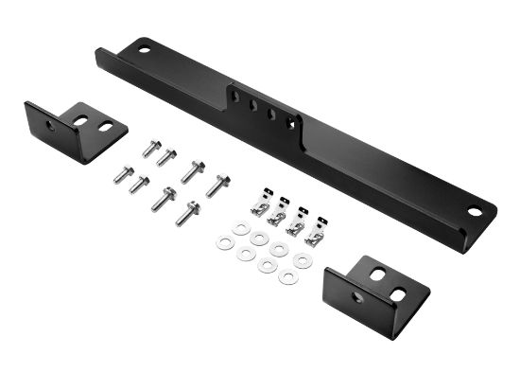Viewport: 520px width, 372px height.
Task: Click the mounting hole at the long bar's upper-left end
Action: pyautogui.click(x=143, y=44)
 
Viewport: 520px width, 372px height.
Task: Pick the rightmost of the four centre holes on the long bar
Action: pyautogui.click(x=288, y=119)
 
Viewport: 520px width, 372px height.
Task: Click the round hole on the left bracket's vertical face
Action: pyautogui.click(x=49, y=125)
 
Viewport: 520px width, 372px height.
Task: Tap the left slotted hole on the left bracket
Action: pyautogui.click(x=81, y=120)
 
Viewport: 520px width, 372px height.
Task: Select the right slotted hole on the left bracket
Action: pyautogui.click(x=105, y=127)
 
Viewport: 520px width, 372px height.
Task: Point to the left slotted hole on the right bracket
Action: pyautogui.click(x=377, y=275)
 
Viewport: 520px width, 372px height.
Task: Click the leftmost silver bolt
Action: pyautogui.click(x=123, y=174)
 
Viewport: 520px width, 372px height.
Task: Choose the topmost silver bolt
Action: pyautogui.click(x=150, y=148)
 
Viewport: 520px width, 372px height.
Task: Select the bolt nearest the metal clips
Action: pyautogui.click(x=217, y=185)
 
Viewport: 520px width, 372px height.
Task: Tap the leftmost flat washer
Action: pyautogui.click(x=224, y=243)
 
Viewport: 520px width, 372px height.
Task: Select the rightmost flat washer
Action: pyautogui.click(x=302, y=259)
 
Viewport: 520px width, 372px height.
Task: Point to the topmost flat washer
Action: pyautogui.click(x=241, y=228)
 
